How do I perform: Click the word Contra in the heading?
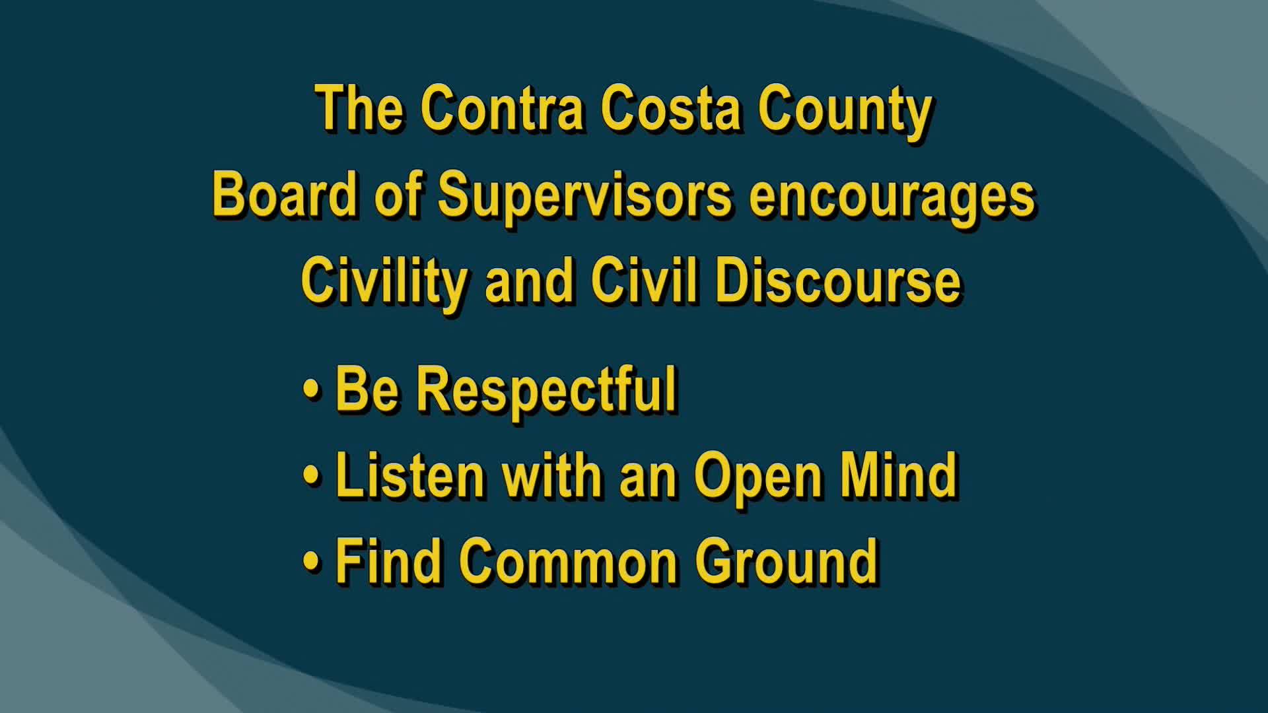(502, 108)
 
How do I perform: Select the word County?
(845, 111)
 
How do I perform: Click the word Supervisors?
(584, 196)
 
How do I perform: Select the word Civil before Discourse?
(644, 281)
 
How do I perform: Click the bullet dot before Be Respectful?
(311, 388)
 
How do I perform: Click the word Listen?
(410, 475)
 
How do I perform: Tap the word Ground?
(786, 561)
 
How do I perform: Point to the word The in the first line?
(360, 108)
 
